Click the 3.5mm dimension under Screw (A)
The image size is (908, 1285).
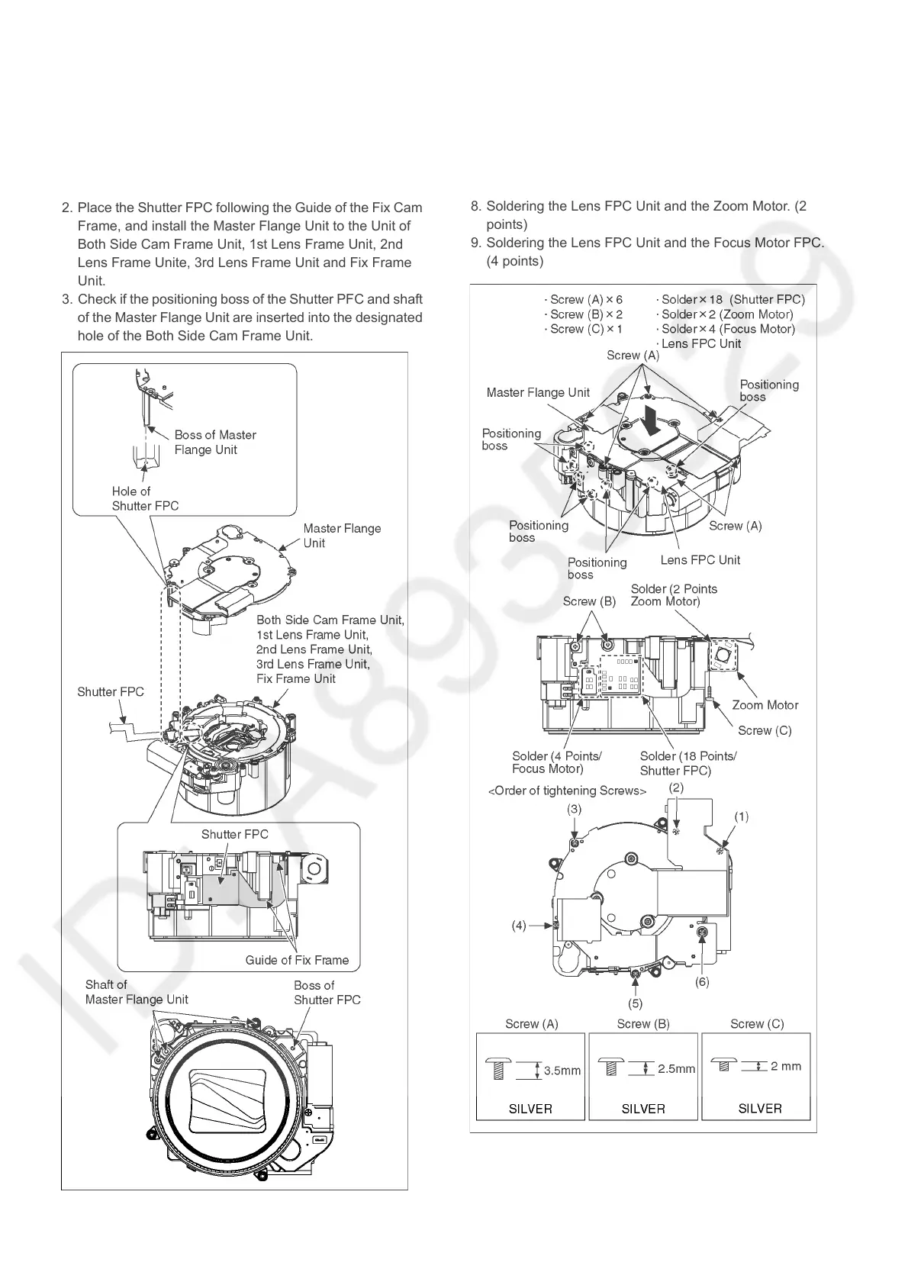pyautogui.click(x=562, y=1071)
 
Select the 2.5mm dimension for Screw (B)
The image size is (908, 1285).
pyautogui.click(x=676, y=1069)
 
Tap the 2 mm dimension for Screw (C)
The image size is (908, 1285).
pyautogui.click(x=786, y=1066)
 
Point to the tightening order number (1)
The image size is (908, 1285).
pyautogui.click(x=741, y=816)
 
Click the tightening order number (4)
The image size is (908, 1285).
pyautogui.click(x=519, y=926)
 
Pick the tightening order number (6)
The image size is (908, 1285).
pyautogui.click(x=702, y=981)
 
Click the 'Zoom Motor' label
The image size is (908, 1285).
pyautogui.click(x=765, y=705)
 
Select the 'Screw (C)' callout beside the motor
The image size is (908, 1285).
pyautogui.click(x=765, y=730)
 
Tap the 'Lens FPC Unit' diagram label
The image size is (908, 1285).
pyautogui.click(x=700, y=560)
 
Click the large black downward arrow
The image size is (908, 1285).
pyautogui.click(x=652, y=420)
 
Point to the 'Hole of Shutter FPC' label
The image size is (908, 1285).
pyautogui.click(x=144, y=498)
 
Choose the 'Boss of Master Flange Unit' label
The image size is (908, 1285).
pyautogui.click(x=214, y=442)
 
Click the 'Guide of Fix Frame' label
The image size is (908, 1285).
pyautogui.click(x=297, y=960)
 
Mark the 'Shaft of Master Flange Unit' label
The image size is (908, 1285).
pyautogui.click(x=136, y=992)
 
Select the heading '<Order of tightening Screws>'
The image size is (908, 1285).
pyautogui.click(x=567, y=791)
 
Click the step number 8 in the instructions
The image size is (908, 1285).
pyautogui.click(x=475, y=206)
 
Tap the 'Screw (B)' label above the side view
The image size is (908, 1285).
pyautogui.click(x=589, y=601)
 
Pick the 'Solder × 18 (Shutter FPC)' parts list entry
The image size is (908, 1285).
pyautogui.click(x=730, y=300)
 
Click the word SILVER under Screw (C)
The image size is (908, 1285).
pyautogui.click(x=759, y=1108)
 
